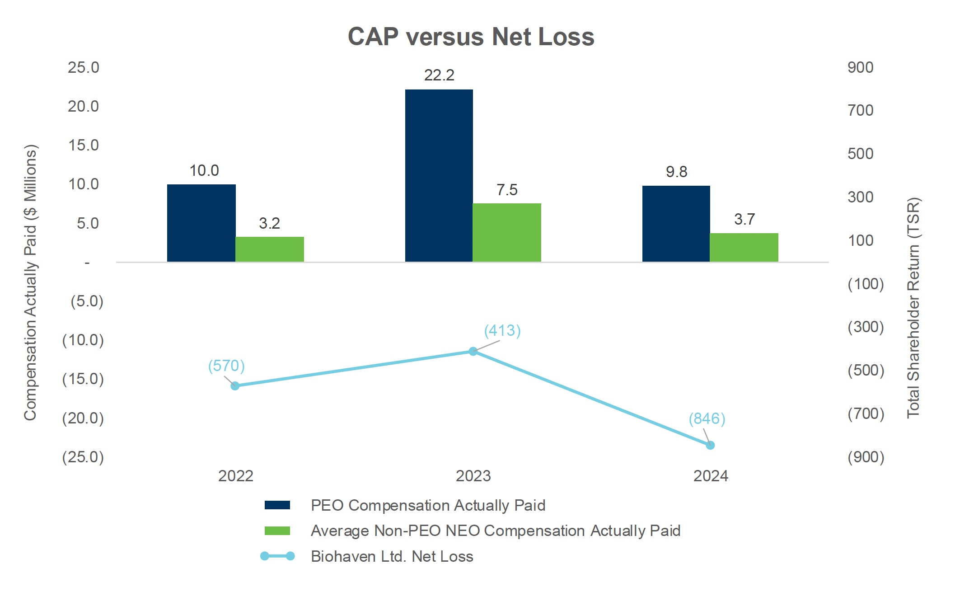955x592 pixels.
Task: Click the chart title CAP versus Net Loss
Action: click(471, 37)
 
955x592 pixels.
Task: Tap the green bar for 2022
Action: click(269, 249)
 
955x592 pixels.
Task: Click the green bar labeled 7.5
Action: click(506, 232)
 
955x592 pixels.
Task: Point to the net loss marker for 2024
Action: click(710, 445)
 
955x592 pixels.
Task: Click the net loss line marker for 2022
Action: click(235, 386)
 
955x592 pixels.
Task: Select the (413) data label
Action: click(502, 330)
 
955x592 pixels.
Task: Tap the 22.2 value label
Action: click(439, 75)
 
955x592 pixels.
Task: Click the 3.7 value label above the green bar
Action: click(744, 219)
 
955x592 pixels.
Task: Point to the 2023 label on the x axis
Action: click(473, 476)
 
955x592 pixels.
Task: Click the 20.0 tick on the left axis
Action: click(83, 106)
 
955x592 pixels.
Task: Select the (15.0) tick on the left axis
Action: click(83, 379)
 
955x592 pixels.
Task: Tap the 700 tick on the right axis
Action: click(860, 110)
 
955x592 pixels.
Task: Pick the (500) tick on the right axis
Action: click(866, 370)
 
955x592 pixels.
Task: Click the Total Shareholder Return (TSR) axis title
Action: click(913, 307)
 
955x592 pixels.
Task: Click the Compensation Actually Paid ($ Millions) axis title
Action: click(30, 282)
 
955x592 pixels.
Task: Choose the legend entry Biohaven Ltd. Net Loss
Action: click(392, 556)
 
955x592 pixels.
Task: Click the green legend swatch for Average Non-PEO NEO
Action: click(277, 531)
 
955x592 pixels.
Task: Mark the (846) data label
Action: click(707, 418)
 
